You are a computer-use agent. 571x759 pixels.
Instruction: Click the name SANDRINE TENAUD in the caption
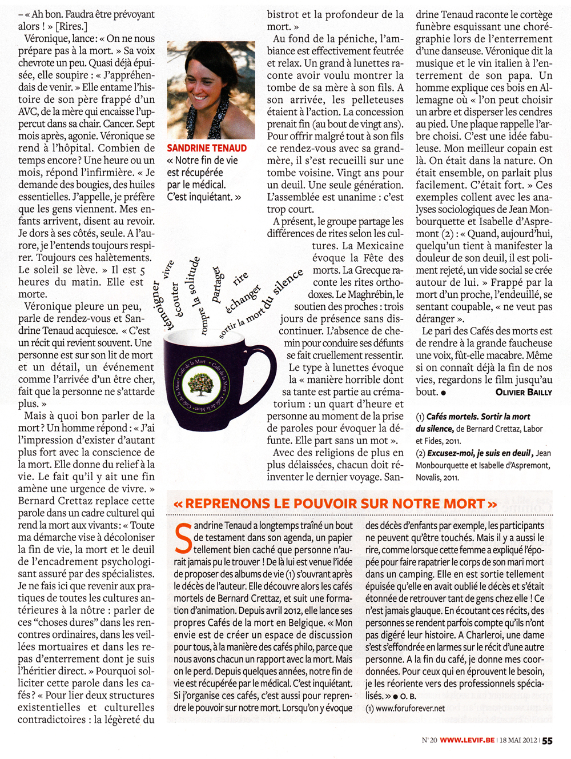(207, 148)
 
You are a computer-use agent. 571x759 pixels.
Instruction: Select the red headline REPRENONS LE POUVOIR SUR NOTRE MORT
(335, 504)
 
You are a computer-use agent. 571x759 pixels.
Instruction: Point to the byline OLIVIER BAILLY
(524, 392)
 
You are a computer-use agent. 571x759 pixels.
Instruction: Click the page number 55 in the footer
(547, 741)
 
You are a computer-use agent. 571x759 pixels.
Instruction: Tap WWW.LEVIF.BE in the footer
(467, 741)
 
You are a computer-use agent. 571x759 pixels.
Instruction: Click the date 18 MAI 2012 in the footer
(518, 741)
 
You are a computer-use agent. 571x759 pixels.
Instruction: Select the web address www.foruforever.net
(408, 708)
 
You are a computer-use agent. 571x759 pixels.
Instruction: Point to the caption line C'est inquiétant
(204, 197)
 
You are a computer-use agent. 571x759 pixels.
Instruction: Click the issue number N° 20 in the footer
(429, 741)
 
